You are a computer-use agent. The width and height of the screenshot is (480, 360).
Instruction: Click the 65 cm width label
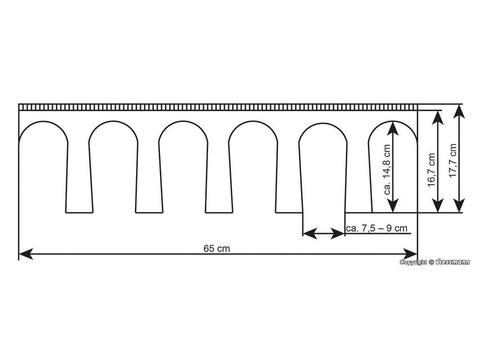[217, 248]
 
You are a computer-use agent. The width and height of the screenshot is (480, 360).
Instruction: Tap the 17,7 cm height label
[452, 159]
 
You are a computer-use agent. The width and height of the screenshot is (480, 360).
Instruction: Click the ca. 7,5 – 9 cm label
[376, 228]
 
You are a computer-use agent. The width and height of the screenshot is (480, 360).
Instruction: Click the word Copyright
[413, 262]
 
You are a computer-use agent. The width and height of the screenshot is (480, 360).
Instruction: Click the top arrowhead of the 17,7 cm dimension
[459, 111]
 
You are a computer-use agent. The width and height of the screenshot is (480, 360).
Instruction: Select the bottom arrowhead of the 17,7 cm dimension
[459, 206]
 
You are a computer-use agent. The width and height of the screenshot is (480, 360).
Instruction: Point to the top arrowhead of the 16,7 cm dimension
[438, 117]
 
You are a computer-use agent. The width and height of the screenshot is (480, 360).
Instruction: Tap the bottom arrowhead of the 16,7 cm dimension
[438, 206]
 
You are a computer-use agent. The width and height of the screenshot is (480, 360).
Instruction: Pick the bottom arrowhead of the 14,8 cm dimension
[393, 206]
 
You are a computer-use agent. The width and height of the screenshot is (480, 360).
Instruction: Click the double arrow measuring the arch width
[324, 233]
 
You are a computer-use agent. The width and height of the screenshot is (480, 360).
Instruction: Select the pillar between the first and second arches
[78, 178]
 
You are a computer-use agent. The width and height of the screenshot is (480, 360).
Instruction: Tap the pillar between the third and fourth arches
[218, 178]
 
